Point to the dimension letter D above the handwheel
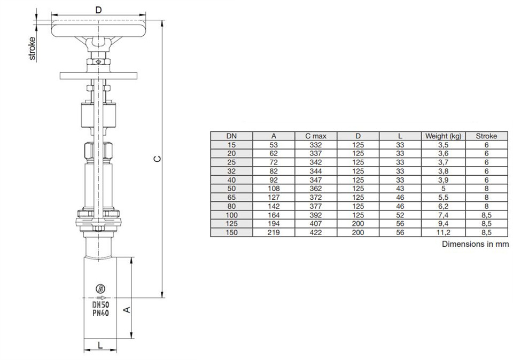(98, 10)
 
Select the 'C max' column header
(316, 136)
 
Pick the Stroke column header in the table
(486, 136)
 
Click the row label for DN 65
(231, 197)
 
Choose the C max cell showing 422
(316, 233)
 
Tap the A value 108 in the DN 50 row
(273, 189)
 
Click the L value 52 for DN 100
(400, 215)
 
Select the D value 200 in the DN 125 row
(358, 224)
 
